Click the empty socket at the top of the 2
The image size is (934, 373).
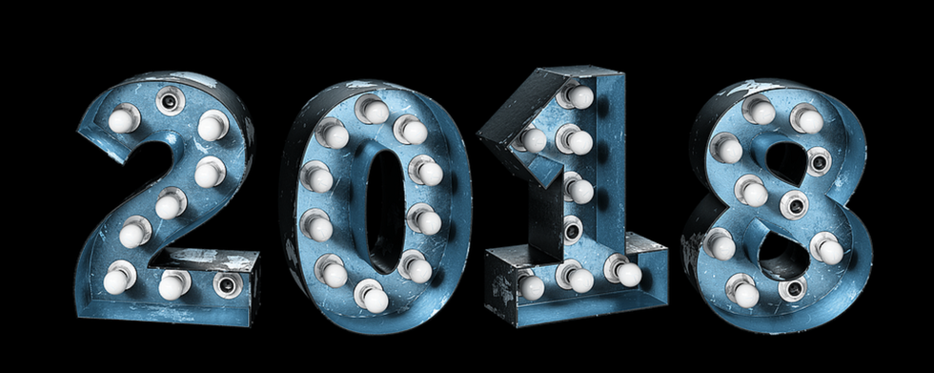(x=171, y=101)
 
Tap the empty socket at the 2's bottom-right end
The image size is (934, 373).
(x=229, y=285)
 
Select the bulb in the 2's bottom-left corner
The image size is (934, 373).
(x=117, y=280)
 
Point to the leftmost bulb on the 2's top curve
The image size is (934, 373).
(x=123, y=119)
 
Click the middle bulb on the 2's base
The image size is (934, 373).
(x=173, y=285)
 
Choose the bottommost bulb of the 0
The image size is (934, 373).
(x=373, y=297)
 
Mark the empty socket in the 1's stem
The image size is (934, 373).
(x=572, y=229)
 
